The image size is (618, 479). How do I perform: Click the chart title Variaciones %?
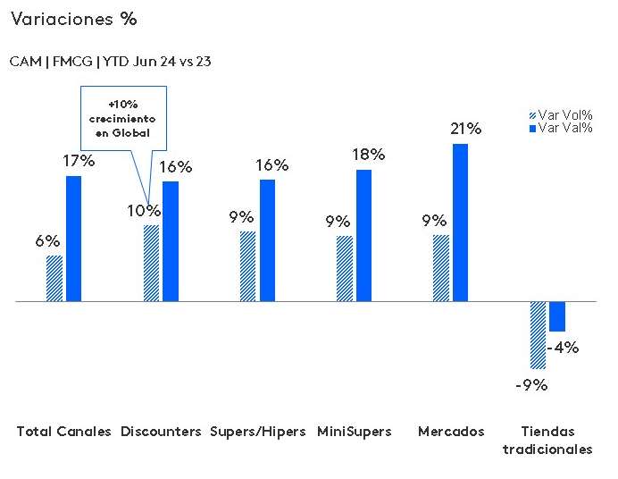pyautogui.click(x=73, y=19)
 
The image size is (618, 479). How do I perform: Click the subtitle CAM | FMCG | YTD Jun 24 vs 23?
pyautogui.click(x=110, y=62)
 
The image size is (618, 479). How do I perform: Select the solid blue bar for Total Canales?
pyautogui.click(x=73, y=239)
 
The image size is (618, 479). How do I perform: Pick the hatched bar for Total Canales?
pyautogui.click(x=54, y=279)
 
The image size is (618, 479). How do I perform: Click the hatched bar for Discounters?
pyautogui.click(x=151, y=264)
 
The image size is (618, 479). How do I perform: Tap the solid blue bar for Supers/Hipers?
pyautogui.click(x=267, y=240)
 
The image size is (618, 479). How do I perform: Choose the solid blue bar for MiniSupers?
pyautogui.click(x=363, y=235)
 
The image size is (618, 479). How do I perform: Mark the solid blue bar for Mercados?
pyautogui.click(x=460, y=223)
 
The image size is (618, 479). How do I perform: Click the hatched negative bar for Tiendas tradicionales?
pyautogui.click(x=538, y=335)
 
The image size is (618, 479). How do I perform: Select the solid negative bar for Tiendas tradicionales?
pyautogui.click(x=557, y=316)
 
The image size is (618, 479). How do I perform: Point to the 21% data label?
pyautogui.click(x=465, y=130)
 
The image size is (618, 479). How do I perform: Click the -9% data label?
pyautogui.click(x=530, y=385)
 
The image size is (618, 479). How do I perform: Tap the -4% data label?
pyautogui.click(x=564, y=348)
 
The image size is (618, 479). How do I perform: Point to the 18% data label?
pyautogui.click(x=369, y=155)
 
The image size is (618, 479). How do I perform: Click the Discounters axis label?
pyautogui.click(x=160, y=432)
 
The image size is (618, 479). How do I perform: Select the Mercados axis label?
pyautogui.click(x=451, y=432)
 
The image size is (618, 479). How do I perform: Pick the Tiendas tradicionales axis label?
pyautogui.click(x=547, y=441)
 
